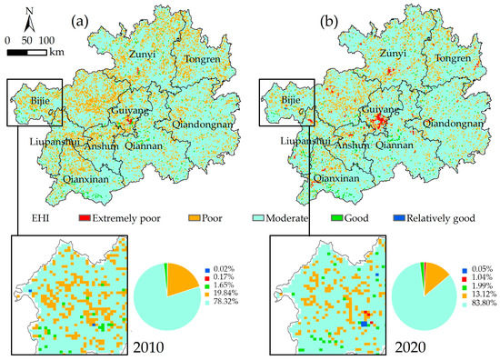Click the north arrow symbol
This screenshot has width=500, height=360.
(31, 16)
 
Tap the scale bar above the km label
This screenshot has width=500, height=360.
(27, 52)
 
